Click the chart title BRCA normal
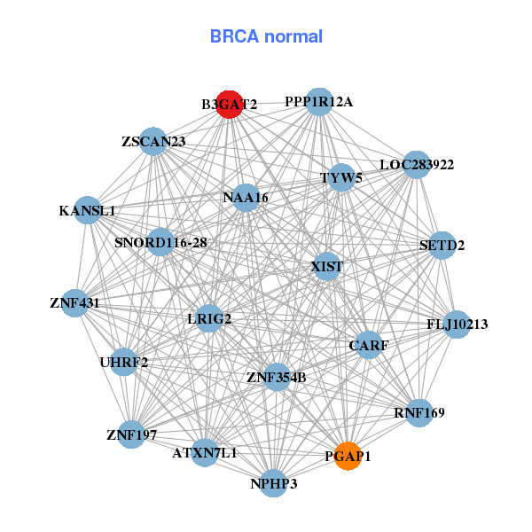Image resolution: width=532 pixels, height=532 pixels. coord(266,36)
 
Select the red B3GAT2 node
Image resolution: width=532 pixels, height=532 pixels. coord(230,104)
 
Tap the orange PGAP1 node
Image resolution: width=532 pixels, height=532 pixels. coord(348,456)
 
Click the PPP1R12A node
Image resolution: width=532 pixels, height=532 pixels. coord(319,102)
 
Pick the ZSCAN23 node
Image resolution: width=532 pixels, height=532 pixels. coord(153,141)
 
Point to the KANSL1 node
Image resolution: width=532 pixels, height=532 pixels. coord(87,211)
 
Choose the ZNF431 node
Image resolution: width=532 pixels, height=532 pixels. coord(74,303)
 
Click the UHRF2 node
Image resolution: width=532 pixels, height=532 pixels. coord(123,362)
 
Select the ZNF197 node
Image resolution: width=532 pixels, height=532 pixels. coord(131,434)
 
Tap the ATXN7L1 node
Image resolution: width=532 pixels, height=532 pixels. coord(205,452)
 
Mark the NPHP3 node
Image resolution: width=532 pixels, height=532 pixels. coord(273,483)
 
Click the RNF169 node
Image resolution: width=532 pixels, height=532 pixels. coord(419,412)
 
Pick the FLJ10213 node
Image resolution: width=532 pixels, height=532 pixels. coord(457,325)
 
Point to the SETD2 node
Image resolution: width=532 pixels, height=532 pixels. coord(442,245)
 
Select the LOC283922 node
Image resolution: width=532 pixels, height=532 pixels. coord(416,165)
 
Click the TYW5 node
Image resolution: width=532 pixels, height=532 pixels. coord(341,177)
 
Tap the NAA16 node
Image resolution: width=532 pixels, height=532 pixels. coord(246,197)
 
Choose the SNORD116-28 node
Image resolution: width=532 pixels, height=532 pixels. coord(160,242)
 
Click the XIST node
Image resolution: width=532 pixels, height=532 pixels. coord(327,266)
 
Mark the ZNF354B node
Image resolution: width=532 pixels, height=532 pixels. coord(277,377)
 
